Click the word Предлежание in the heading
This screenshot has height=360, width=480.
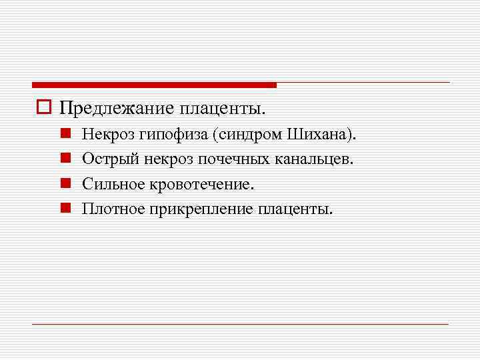(116, 107)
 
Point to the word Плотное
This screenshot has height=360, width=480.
(111, 209)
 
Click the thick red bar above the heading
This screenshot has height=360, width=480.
(154, 85)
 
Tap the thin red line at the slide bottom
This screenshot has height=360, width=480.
(240, 324)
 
